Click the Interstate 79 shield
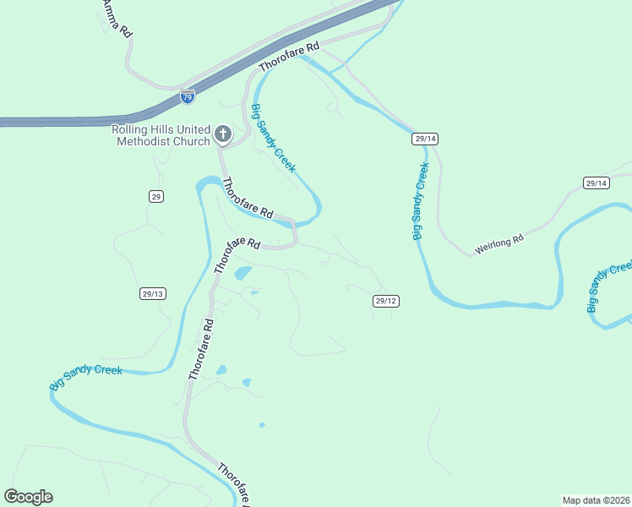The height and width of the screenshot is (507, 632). click(x=187, y=97)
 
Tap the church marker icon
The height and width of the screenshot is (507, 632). click(x=222, y=134)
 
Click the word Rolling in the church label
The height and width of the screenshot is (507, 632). click(x=130, y=129)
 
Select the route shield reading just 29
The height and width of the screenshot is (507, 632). click(x=155, y=196)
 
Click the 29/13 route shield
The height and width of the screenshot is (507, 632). click(x=153, y=293)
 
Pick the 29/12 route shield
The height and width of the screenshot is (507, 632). click(x=385, y=300)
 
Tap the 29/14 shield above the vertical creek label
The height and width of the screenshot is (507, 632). click(x=425, y=138)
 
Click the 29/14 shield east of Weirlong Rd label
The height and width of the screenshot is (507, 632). click(x=596, y=183)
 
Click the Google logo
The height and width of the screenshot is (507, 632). click(x=28, y=497)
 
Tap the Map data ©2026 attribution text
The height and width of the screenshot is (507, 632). click(x=596, y=499)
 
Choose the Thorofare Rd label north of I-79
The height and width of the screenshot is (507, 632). click(x=290, y=57)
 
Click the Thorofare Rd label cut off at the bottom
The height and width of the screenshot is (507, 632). click(x=236, y=485)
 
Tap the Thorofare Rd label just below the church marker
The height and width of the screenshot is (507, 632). click(x=248, y=199)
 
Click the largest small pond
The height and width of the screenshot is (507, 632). click(x=242, y=273)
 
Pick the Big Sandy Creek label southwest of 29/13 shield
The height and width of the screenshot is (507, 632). click(x=86, y=377)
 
